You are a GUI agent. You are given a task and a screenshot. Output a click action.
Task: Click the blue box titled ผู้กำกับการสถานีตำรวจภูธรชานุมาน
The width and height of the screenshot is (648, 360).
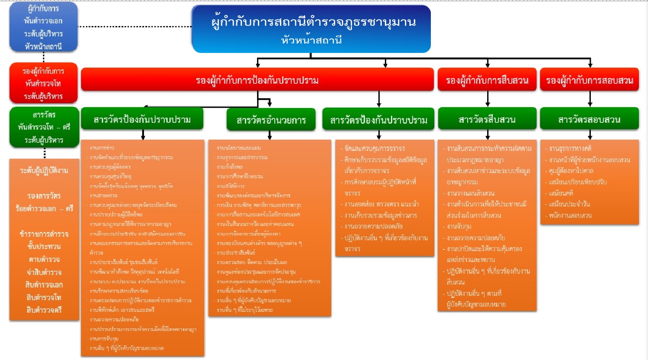click(311, 29)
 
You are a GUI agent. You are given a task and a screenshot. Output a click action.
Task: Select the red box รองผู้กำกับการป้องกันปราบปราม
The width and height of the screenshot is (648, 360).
click(257, 80)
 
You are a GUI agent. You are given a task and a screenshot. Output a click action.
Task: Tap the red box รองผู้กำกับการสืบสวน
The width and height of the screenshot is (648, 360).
click(487, 80)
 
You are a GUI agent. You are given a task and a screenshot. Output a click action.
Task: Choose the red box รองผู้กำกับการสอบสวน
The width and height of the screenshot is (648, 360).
click(589, 80)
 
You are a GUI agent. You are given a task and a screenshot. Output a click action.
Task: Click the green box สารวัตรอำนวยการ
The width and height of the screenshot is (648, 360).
click(271, 120)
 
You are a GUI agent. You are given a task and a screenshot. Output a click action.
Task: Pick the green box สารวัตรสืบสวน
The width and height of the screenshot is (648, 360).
click(487, 119)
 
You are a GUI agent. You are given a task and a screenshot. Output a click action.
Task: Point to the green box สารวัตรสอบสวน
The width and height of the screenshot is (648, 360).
click(589, 119)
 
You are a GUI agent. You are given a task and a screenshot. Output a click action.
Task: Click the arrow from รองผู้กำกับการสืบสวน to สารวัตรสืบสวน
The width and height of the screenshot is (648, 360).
click(488, 99)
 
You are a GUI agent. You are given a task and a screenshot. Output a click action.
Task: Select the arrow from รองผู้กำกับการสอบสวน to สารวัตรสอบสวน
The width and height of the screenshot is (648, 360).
click(590, 99)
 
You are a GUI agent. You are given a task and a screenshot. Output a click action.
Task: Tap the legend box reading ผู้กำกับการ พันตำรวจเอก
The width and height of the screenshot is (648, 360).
click(43, 27)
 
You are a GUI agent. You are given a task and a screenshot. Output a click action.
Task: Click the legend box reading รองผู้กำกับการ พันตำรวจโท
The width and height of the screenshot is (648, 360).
click(43, 83)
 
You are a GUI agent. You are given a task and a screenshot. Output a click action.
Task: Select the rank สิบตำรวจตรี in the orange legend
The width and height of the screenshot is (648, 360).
click(44, 310)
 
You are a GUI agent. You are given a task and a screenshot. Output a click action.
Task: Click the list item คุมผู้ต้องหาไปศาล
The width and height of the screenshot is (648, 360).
click(571, 171)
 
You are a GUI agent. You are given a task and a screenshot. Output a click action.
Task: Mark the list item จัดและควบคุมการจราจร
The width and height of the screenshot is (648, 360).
click(374, 149)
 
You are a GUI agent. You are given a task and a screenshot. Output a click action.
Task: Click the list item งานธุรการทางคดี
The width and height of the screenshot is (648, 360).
click(570, 149)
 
